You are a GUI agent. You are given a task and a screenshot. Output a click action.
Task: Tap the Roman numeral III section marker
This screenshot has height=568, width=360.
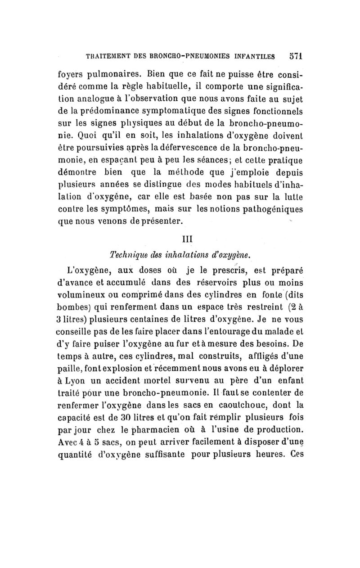[x=183, y=238]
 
